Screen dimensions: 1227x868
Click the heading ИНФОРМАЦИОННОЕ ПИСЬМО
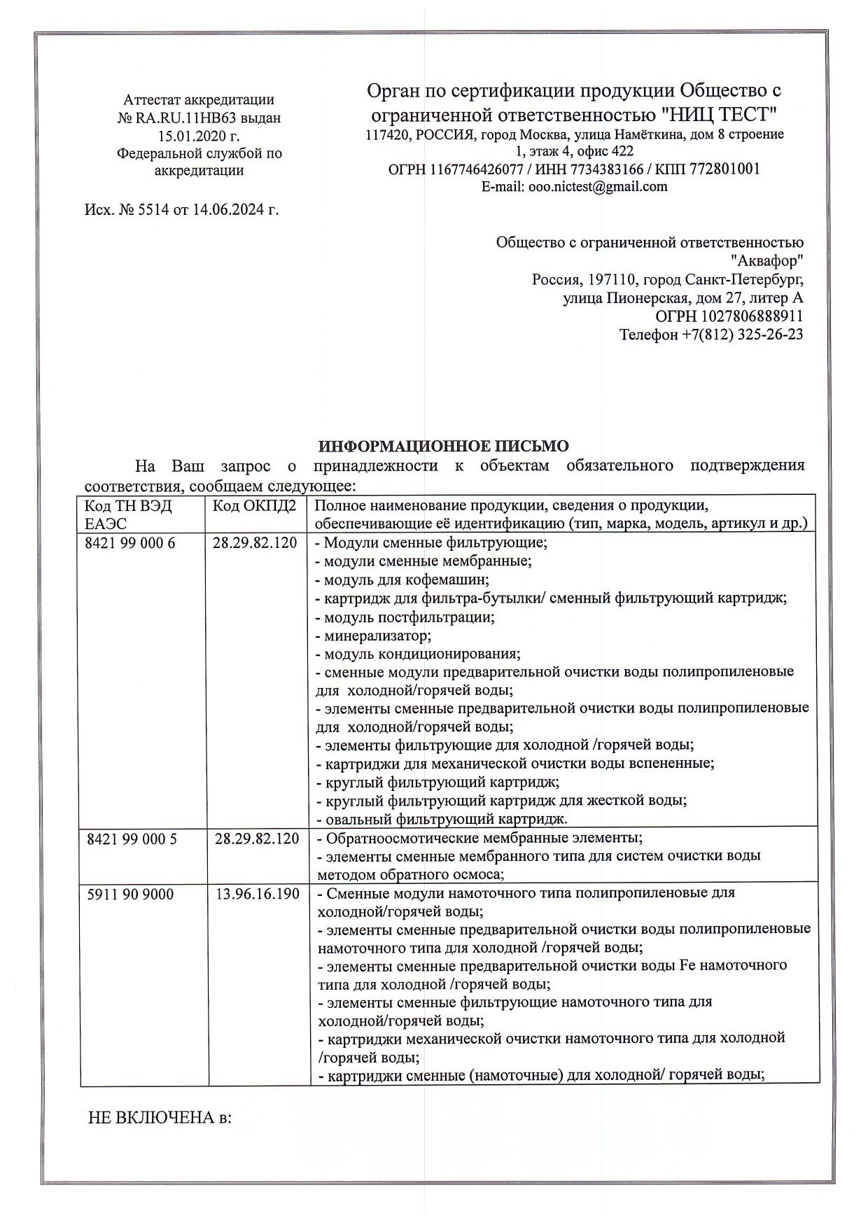pos(444,447)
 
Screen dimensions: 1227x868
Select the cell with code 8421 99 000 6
pos(129,543)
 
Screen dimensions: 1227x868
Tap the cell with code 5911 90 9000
pos(129,894)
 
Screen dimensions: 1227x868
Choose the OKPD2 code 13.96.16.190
pos(257,894)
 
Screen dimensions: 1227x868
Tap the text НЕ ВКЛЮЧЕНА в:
pos(160,1118)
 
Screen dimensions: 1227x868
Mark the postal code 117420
pos(387,134)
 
